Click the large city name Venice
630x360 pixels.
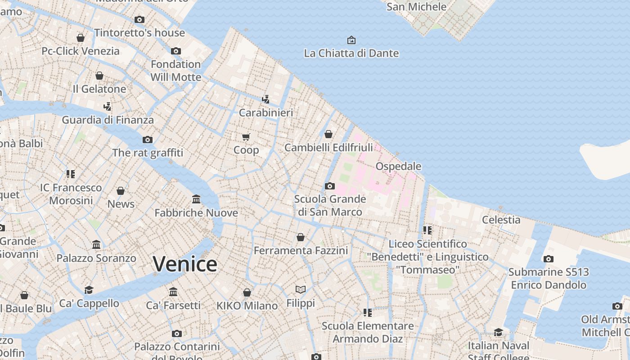[x=185, y=264]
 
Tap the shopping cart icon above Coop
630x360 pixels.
[x=246, y=137]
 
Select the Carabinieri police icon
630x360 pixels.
[x=266, y=99]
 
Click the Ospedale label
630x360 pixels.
[x=398, y=166]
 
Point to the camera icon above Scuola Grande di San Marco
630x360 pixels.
[x=330, y=186]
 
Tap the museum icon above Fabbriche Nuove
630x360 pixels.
[x=196, y=199]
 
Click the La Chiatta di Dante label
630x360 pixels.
[x=351, y=53]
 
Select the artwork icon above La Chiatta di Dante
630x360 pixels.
[x=351, y=40]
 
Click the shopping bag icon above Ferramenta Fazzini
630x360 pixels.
[x=301, y=237]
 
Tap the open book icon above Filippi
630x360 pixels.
[x=301, y=289]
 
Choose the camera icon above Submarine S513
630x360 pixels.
[x=548, y=259]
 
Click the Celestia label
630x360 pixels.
[x=501, y=220]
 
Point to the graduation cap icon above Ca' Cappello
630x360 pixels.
[x=89, y=290]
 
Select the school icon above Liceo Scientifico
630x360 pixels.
[x=427, y=230]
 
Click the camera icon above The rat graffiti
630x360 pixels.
[x=148, y=139]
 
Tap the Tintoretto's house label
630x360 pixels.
[x=139, y=33]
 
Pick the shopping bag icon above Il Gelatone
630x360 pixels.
[x=99, y=76]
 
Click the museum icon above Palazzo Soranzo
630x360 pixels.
[x=96, y=245]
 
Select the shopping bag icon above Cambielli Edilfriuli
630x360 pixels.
[x=328, y=134]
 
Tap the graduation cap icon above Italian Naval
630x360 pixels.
[x=498, y=332]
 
